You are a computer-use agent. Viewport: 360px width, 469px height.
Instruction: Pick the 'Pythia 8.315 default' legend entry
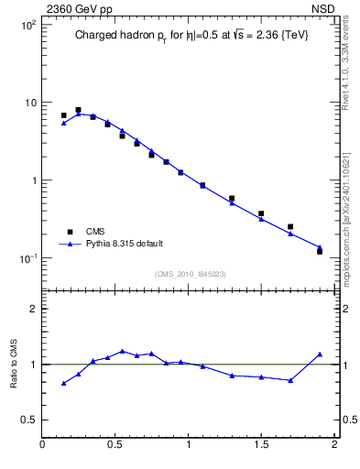pos(125,244)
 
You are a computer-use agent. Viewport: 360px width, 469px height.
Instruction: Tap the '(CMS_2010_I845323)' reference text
pos(191,274)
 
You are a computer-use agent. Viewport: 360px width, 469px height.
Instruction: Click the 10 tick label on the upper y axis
pos(29,103)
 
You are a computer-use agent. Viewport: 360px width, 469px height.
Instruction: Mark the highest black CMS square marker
pos(78,110)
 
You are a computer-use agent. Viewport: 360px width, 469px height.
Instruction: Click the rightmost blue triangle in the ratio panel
pos(320,354)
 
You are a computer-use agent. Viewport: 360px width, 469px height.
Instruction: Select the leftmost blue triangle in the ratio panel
pos(63,383)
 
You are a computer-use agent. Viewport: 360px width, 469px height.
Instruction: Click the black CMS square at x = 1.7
pos(290,226)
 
